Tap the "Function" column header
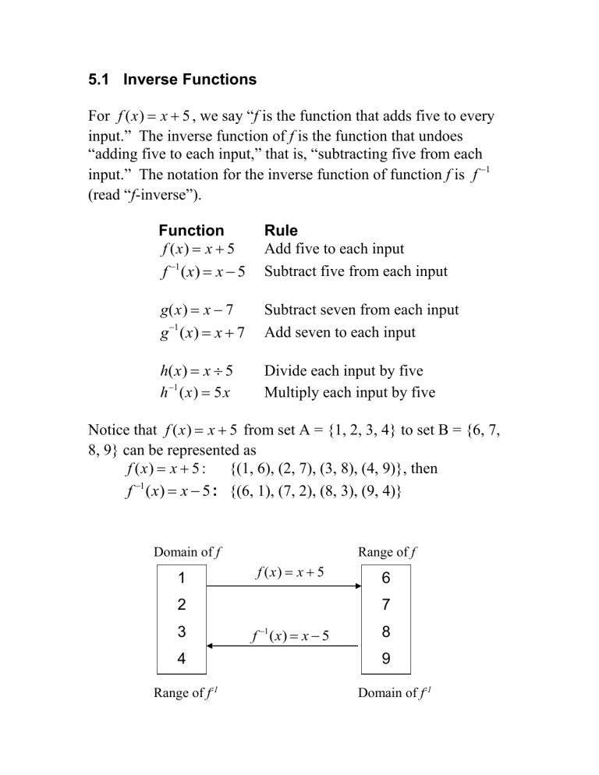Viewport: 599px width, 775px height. [x=191, y=231]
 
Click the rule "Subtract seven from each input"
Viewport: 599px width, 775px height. [x=362, y=310]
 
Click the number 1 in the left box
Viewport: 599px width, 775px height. [x=182, y=579]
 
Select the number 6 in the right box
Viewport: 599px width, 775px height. [x=387, y=579]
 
